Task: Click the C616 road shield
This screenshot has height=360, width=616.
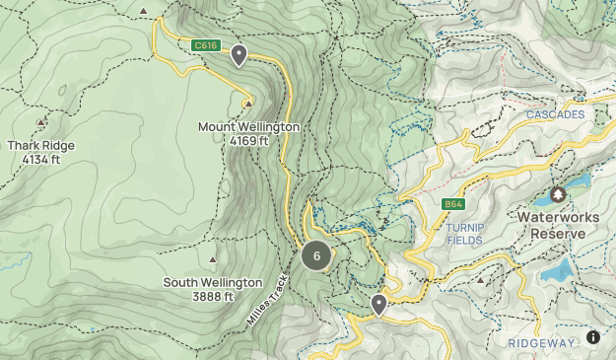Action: (x=205, y=45)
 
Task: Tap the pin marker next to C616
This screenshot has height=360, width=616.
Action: (x=239, y=55)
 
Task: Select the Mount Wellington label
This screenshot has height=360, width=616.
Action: (x=248, y=127)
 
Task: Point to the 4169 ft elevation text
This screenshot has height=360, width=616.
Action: (x=248, y=141)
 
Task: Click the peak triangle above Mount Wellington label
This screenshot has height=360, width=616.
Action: (x=248, y=102)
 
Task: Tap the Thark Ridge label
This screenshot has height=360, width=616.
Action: (x=40, y=145)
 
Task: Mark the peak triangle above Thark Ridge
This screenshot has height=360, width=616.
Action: (x=40, y=122)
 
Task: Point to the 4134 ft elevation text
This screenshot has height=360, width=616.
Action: (x=40, y=159)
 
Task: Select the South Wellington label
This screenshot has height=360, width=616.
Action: (x=213, y=282)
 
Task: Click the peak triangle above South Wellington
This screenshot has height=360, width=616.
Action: (x=213, y=260)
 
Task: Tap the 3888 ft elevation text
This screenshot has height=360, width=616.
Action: (x=213, y=296)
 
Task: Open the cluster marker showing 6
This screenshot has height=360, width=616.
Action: (x=316, y=256)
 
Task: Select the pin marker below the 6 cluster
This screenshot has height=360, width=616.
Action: (x=378, y=304)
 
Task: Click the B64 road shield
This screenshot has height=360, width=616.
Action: (x=453, y=204)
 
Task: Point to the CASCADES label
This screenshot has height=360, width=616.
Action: (x=555, y=114)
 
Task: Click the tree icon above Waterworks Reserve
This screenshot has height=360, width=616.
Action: (x=558, y=194)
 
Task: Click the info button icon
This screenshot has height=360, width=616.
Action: (x=593, y=337)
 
